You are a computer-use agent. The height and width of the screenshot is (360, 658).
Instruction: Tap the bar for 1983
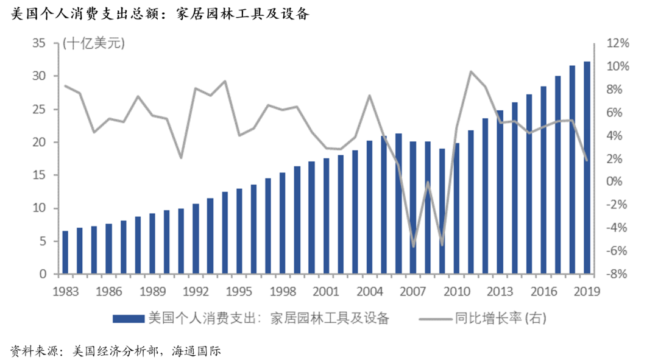pyautogui.click(x=65, y=252)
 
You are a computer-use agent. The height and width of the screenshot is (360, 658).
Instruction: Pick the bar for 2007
pyautogui.click(x=413, y=207)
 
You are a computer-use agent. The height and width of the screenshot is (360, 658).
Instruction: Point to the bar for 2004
pyautogui.click(x=369, y=207)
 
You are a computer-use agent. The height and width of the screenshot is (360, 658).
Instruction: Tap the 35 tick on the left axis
pyautogui.click(x=40, y=43)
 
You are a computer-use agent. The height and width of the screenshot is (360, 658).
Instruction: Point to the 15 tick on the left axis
pyautogui.click(x=40, y=175)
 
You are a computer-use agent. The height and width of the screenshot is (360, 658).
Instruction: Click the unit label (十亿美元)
pyautogui.click(x=93, y=43)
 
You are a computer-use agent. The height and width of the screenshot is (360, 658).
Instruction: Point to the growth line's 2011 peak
pyautogui.click(x=471, y=72)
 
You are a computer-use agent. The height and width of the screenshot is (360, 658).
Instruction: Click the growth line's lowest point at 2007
pyautogui.click(x=413, y=247)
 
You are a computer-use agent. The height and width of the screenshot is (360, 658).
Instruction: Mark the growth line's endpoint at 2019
pyautogui.click(x=587, y=160)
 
